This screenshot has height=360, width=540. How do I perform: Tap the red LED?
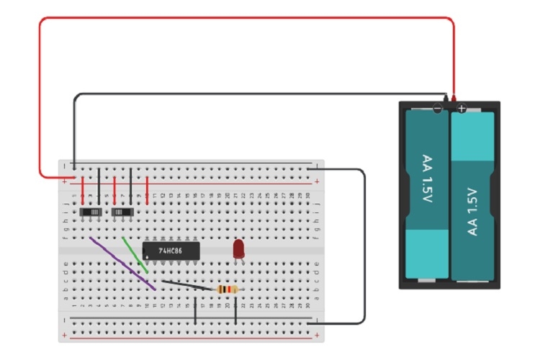click(238, 250)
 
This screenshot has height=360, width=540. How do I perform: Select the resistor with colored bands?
click(226, 289)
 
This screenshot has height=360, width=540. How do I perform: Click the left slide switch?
click(91, 212)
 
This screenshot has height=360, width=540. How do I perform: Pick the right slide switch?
click(123, 212)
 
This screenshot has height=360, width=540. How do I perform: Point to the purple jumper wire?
click(122, 264)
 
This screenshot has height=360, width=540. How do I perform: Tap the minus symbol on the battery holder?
click(437, 109)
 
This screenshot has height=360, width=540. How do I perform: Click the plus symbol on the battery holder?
click(462, 109)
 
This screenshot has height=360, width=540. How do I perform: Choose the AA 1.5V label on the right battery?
click(473, 211)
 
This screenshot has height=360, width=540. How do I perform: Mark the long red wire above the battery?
click(245, 19)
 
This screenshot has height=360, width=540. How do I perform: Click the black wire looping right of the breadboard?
click(365, 245)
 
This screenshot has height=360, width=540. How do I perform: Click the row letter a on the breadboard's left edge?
click(66, 297)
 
